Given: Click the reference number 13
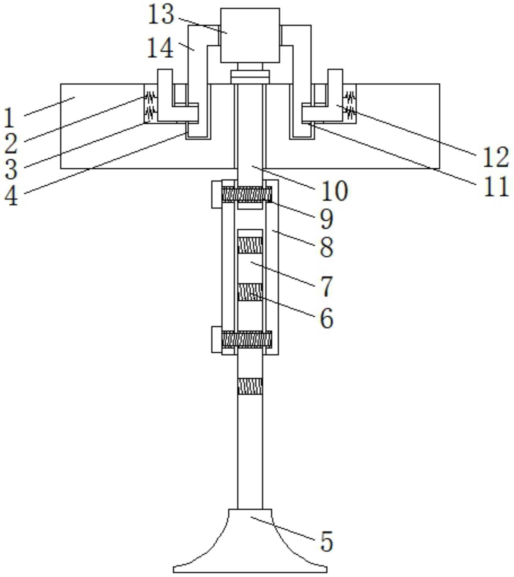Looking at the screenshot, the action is click(x=161, y=16).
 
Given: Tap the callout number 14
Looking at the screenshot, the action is click(x=161, y=48).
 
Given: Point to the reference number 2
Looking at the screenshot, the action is click(x=11, y=144).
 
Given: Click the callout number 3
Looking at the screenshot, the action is click(x=11, y=169).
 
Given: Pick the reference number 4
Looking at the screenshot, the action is click(x=11, y=196).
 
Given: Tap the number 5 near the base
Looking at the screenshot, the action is click(x=327, y=542).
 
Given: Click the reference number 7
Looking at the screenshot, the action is click(x=327, y=287).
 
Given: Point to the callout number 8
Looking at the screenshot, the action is click(x=327, y=247).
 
